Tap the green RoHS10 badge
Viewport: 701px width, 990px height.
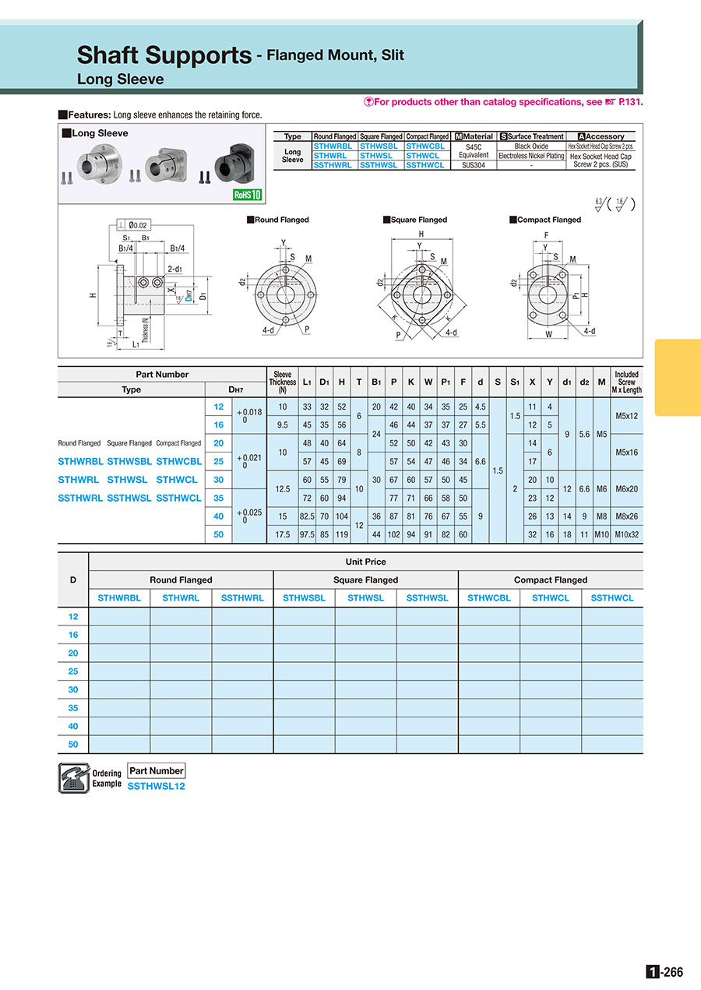248,195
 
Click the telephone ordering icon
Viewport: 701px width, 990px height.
73,778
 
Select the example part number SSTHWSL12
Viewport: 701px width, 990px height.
156,786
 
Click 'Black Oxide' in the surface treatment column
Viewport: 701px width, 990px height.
531,146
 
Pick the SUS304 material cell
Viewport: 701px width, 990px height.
474,165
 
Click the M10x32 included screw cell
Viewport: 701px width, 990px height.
626,535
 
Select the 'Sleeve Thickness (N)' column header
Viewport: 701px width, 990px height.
283,382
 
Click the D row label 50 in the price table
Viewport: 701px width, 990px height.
73,745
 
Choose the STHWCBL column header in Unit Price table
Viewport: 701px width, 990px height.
488,598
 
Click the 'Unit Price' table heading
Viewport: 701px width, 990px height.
365,562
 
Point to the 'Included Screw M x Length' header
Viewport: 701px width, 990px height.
626,382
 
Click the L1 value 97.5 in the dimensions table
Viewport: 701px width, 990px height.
307,535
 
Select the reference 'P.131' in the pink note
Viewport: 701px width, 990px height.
631,102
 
